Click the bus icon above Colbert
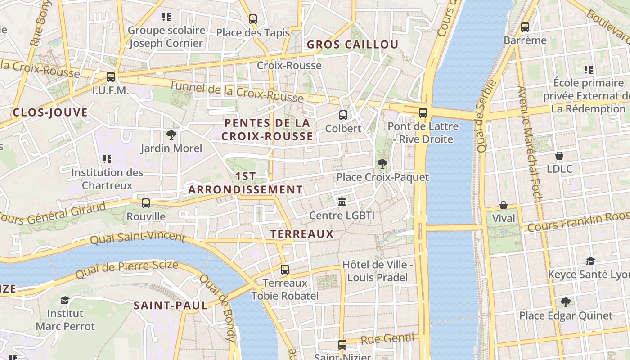(x=343, y=115)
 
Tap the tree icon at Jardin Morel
(x=171, y=135)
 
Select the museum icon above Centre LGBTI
(x=342, y=202)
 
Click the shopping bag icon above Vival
(x=504, y=205)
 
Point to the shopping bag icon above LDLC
(x=559, y=156)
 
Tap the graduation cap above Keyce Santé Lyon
(x=590, y=261)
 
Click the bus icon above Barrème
(x=525, y=27)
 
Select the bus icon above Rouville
(x=146, y=203)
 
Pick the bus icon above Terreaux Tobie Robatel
(x=285, y=270)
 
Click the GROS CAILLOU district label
(x=352, y=45)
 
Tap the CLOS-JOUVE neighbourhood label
(x=50, y=112)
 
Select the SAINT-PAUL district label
(x=171, y=306)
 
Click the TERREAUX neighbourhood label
(x=302, y=234)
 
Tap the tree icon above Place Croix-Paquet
(x=382, y=164)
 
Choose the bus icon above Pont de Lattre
(x=423, y=113)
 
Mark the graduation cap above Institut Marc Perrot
(x=65, y=300)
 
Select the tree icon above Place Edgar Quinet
(x=566, y=302)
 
